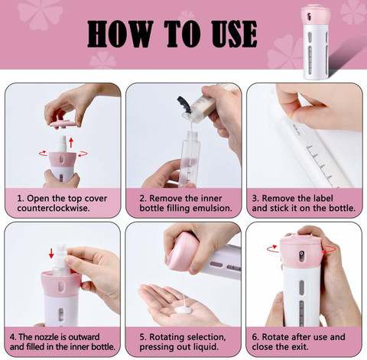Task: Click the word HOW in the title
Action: coord(120,34)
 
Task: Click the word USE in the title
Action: coord(234,34)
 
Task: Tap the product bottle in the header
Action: coord(315,42)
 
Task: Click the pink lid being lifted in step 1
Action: coord(63,124)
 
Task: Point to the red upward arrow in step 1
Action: coord(71,143)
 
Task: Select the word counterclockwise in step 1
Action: coord(54,208)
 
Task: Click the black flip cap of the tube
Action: coord(184,105)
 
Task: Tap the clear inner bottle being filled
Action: coord(190,159)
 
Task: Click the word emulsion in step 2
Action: coord(212,208)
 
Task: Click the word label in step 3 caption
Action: coord(322,198)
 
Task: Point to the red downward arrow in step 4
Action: coord(51,254)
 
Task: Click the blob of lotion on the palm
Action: coord(183,310)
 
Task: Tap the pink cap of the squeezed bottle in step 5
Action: coord(182,251)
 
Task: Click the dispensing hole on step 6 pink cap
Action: coord(301,253)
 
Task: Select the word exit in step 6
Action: coord(300,347)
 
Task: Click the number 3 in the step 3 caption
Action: coord(255,199)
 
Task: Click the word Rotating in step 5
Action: coord(167,337)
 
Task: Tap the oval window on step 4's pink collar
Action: coord(61,287)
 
